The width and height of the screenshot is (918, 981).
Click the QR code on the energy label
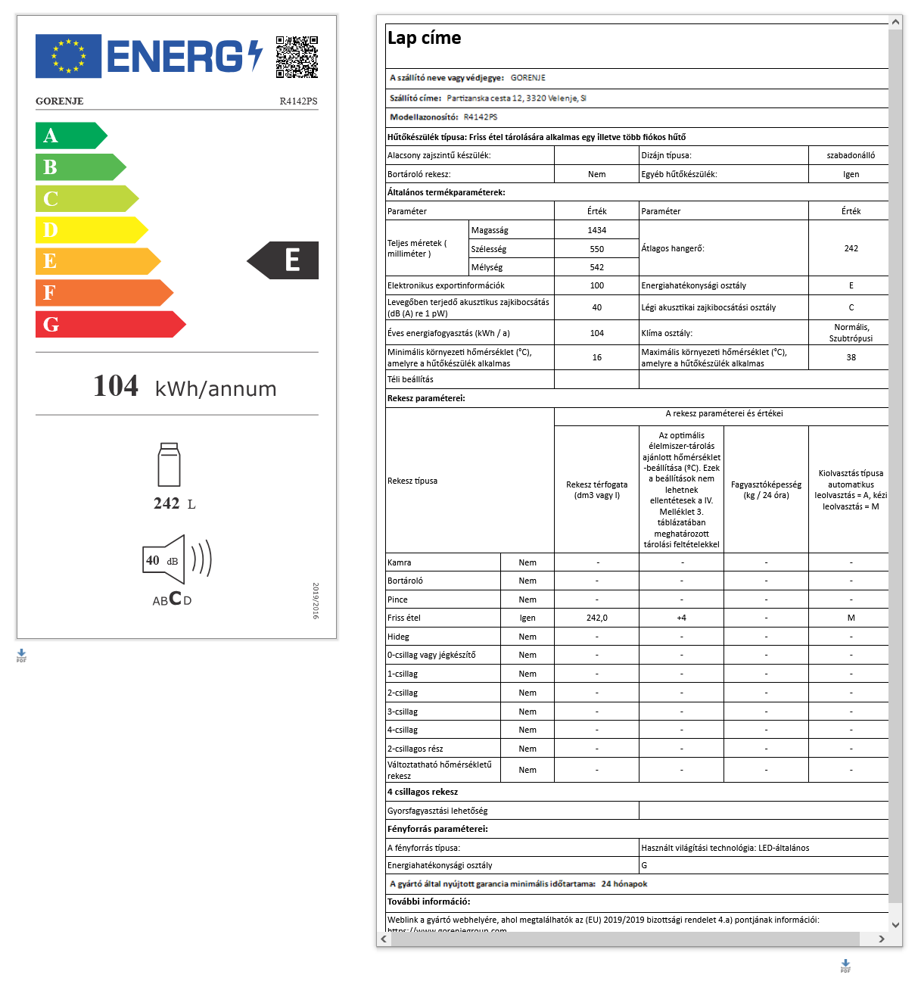(297, 57)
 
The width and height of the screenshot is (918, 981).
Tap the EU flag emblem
(68, 56)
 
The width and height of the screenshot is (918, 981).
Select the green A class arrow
(68, 135)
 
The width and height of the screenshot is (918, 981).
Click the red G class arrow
(106, 324)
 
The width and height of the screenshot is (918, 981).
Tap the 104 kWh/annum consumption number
(117, 386)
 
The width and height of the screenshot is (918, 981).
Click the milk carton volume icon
(169, 465)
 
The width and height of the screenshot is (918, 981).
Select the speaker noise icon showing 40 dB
(176, 560)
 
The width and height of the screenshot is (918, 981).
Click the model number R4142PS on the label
(298, 101)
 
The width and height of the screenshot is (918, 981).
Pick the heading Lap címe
(424, 38)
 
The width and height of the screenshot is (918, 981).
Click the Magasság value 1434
(596, 230)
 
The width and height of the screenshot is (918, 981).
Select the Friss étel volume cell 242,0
(596, 618)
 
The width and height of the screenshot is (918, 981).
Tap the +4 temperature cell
(681, 618)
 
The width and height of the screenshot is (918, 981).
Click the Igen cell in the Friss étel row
(527, 618)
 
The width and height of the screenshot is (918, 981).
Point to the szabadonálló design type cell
(851, 155)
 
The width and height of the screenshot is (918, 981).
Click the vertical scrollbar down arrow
(896, 924)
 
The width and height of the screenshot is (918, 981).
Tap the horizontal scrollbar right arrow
(882, 939)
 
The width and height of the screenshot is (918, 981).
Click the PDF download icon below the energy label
(21, 656)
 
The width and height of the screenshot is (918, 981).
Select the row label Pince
(398, 599)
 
